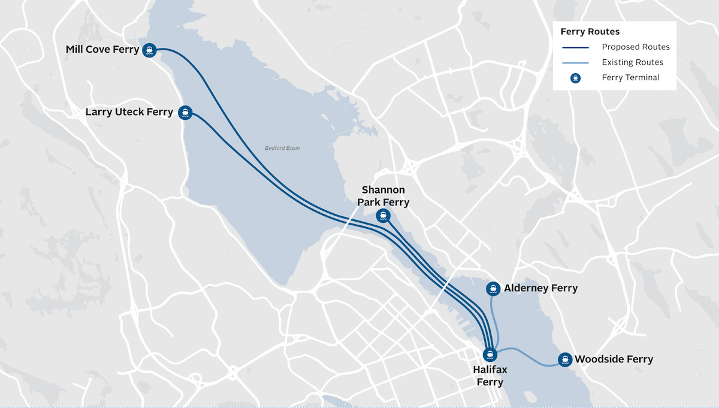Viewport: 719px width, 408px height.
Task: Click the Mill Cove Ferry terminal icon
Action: click(150, 50)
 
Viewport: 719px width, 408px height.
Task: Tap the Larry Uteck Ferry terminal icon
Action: click(186, 112)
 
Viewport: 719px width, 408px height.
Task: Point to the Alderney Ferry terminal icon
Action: click(493, 289)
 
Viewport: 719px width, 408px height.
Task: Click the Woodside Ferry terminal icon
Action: click(564, 359)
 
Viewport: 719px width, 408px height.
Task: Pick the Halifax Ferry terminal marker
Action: click(490, 354)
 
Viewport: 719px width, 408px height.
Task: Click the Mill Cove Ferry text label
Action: click(102, 49)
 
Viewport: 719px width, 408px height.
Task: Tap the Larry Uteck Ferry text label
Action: click(129, 111)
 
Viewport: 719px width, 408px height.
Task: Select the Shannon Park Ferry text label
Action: click(383, 196)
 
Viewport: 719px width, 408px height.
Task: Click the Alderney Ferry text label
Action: click(540, 288)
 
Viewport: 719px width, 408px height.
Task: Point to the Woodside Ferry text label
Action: click(614, 359)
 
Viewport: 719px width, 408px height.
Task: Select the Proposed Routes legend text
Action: click(635, 47)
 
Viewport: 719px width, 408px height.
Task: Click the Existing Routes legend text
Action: click(632, 62)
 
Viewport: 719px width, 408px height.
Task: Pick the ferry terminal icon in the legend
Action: click(575, 78)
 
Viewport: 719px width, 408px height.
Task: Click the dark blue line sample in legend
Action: click(575, 47)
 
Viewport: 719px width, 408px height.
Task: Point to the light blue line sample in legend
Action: click(575, 62)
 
